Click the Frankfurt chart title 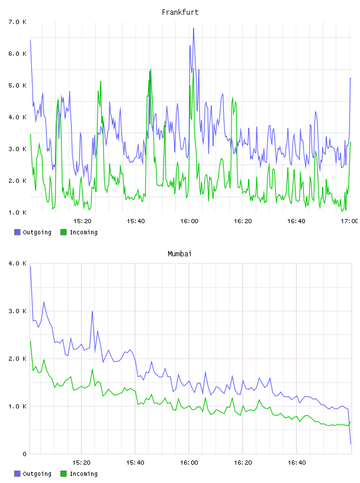(x=180, y=12)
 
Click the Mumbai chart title (x=179, y=254)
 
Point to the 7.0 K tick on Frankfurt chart (x=17, y=22)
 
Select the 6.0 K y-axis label (x=17, y=54)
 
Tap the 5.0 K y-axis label (x=17, y=86)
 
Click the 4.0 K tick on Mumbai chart (x=17, y=263)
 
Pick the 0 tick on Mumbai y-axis (x=24, y=454)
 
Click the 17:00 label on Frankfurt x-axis (x=349, y=221)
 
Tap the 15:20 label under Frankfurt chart (x=82, y=221)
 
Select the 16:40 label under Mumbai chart (x=297, y=463)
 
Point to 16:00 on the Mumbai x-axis (x=189, y=463)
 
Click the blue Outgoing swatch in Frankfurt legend (x=17, y=232)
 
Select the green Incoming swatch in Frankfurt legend (x=63, y=232)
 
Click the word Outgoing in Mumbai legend (x=37, y=474)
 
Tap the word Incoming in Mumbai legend (x=83, y=474)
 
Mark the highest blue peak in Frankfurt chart (x=194, y=28)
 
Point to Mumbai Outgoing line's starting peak (x=30, y=267)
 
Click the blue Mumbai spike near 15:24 (x=92, y=312)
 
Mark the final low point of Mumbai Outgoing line (x=351, y=444)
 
